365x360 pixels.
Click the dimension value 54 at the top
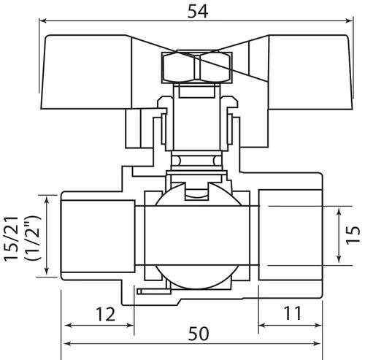point(198,12)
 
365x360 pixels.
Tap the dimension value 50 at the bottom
point(199,334)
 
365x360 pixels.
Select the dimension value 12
point(105,315)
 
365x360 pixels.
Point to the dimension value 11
point(293,313)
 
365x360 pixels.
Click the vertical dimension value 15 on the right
point(353,235)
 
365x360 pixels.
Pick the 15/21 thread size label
point(11,239)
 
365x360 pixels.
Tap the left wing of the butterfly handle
point(86,72)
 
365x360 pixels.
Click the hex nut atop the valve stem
point(196,67)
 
